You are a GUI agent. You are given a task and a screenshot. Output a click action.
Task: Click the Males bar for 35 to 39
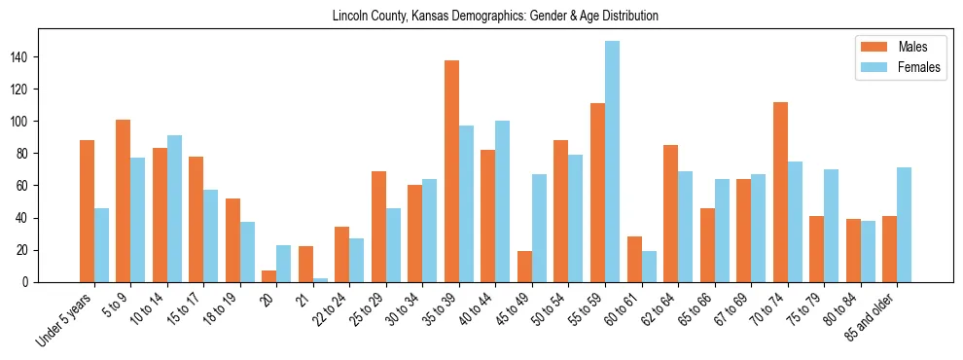tap(451, 171)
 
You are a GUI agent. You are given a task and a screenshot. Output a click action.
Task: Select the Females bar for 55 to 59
tap(612, 162)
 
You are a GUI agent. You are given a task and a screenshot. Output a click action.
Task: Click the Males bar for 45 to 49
tap(524, 267)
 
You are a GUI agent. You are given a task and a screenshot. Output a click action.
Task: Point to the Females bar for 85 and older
tap(904, 225)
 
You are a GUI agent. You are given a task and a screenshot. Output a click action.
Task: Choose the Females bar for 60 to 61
tap(649, 267)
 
